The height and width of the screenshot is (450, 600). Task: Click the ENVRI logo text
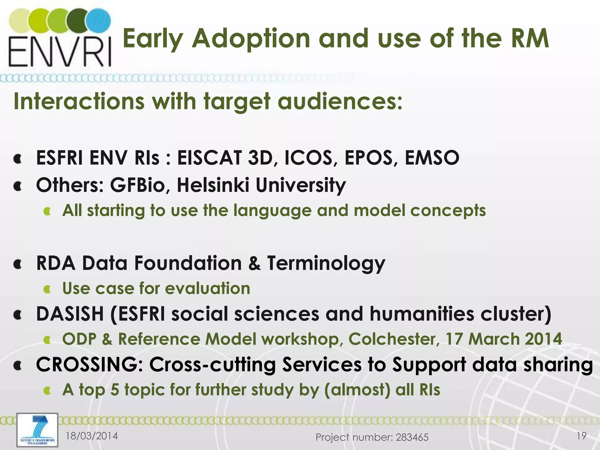point(60,51)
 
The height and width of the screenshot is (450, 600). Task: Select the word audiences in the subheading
point(340,101)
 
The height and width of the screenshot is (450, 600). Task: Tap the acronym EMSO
point(432,158)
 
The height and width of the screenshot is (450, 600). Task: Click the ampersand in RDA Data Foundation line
point(254,263)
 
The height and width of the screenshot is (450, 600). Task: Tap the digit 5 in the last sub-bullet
point(115,390)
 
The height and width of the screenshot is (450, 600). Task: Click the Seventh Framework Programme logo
point(37,430)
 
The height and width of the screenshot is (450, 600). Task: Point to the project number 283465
point(412,437)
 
